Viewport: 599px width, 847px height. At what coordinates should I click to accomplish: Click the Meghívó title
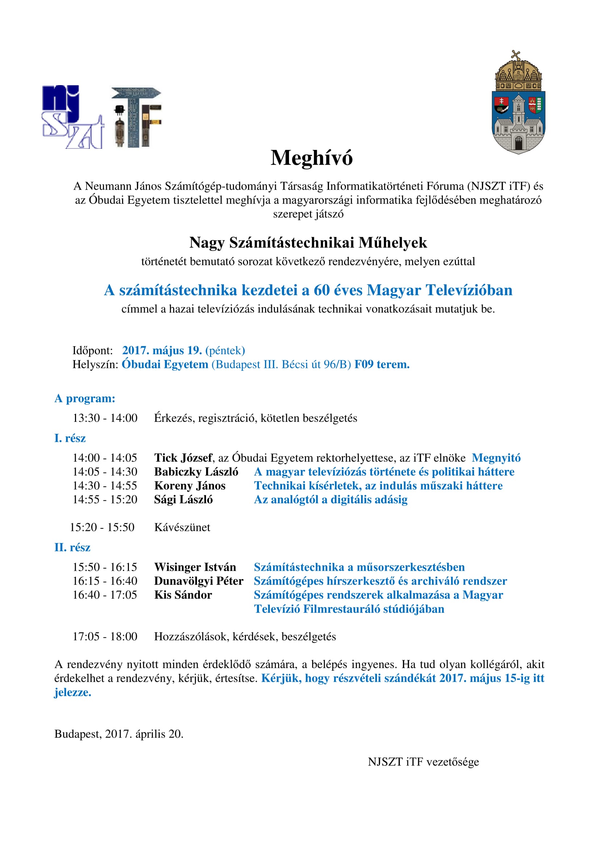312,158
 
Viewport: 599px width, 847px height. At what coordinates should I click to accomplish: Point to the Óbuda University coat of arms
519,103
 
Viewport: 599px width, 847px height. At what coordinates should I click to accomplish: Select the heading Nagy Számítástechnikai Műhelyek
308,243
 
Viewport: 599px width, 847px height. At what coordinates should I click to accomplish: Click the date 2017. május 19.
162,350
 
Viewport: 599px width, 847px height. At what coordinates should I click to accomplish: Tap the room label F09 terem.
382,365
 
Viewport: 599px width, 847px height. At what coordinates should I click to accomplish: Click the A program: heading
85,398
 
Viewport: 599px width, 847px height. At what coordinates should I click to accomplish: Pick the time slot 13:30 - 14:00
105,418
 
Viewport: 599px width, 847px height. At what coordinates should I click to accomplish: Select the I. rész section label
70,438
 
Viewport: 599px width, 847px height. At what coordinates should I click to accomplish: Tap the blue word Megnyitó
496,458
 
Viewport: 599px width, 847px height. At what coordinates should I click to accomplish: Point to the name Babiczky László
196,472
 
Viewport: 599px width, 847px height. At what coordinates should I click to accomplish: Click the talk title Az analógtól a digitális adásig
331,499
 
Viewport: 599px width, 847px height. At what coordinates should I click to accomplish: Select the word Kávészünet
182,527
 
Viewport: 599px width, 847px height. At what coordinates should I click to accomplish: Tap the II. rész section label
72,548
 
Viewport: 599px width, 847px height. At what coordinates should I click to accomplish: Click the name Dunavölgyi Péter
199,581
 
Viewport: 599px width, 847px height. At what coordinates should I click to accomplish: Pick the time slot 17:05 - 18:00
105,636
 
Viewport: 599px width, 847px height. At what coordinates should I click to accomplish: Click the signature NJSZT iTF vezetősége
423,762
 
